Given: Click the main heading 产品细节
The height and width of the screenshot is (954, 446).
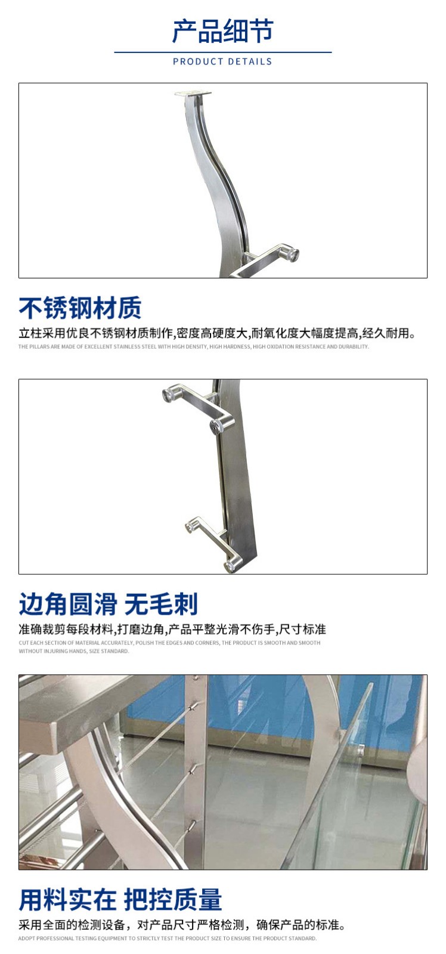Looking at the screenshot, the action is (222, 31).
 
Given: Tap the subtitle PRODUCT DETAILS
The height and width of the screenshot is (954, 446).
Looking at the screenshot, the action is (222, 62).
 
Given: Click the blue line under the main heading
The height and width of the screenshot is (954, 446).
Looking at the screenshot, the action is (223, 52).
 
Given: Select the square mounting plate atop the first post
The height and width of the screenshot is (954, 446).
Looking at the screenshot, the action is (193, 94).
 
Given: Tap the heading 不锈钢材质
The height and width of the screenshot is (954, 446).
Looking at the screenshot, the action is (80, 308).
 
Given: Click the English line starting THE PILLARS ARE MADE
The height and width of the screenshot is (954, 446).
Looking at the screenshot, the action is (193, 346).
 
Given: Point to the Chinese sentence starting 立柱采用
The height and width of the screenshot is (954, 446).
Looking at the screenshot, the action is (217, 333).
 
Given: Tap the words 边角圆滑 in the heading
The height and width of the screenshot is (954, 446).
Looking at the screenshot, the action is (68, 604).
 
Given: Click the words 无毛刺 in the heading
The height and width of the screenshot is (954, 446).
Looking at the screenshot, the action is (161, 604).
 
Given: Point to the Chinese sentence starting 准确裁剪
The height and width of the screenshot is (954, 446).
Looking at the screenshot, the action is (172, 629).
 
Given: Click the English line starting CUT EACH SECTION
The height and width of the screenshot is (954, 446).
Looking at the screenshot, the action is (169, 643).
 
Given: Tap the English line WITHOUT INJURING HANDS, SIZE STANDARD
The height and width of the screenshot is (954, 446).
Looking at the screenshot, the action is (74, 651).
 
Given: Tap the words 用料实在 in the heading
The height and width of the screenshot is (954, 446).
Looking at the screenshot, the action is (67, 900).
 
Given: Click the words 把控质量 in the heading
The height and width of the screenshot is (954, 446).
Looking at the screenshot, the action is (173, 900).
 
